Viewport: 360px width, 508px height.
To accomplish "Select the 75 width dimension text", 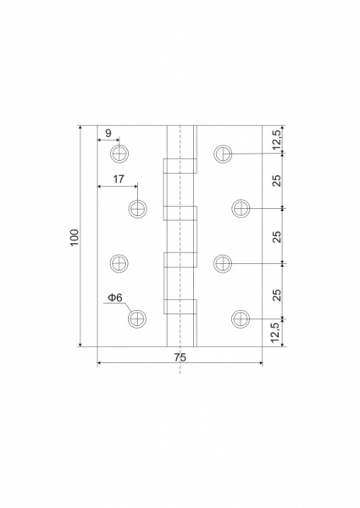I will point(180,357).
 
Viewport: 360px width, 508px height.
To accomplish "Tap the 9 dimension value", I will point(108,133).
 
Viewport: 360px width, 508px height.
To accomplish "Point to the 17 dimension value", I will point(118,179).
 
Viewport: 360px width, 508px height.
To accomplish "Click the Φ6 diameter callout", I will point(115,298).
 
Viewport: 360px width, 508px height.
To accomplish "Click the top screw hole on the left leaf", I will point(119,153).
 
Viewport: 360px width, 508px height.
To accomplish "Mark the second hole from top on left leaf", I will point(137,208).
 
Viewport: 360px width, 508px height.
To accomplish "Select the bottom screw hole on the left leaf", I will point(137,318).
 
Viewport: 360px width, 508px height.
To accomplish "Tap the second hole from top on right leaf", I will point(241,208).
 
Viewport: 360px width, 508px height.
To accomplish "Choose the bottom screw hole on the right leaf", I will point(241,318).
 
